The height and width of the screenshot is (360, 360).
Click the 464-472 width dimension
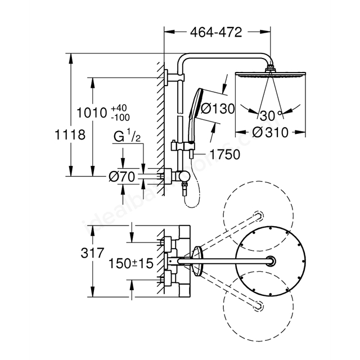tap(216, 33)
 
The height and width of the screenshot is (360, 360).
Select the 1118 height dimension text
tap(70, 134)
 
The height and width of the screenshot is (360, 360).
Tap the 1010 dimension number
tap(92, 112)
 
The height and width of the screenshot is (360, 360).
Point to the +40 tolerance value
tap(119, 108)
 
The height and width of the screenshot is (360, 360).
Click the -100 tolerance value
tap(120, 118)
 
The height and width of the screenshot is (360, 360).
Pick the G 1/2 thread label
tap(127, 136)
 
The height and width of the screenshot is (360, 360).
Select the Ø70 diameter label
tap(122, 177)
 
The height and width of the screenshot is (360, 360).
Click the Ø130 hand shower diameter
tap(218, 109)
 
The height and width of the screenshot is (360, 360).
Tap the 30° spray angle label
tap(271, 115)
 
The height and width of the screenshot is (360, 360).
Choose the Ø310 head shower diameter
tap(270, 133)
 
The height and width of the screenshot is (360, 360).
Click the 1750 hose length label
tap(225, 154)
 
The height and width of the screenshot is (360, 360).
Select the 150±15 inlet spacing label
tap(131, 263)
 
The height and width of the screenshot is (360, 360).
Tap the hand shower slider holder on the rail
tap(183, 146)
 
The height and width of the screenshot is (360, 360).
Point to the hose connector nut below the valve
tap(184, 184)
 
